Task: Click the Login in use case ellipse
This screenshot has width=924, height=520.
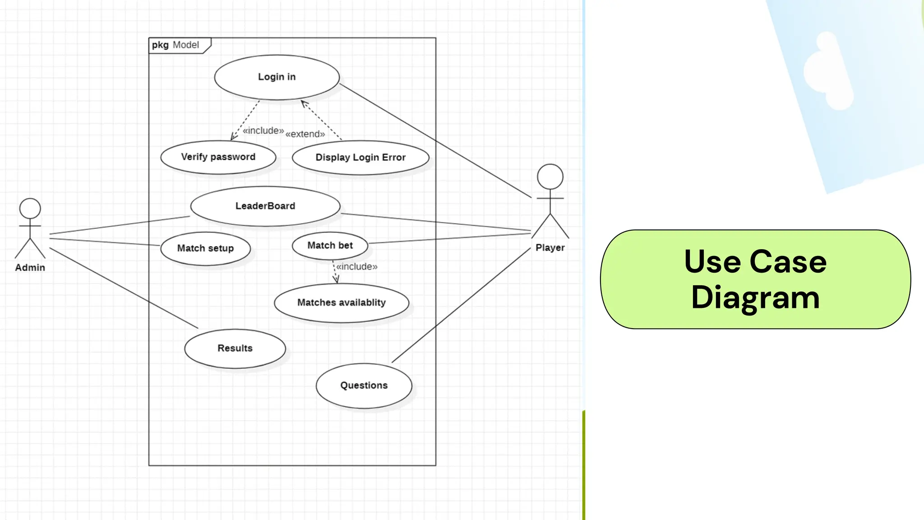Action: (277, 77)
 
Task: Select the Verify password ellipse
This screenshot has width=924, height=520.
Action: (218, 157)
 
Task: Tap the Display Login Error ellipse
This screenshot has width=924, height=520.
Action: (360, 158)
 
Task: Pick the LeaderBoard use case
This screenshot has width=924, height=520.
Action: (265, 206)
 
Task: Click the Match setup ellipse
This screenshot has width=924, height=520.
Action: (205, 248)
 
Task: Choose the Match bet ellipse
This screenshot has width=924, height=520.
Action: (330, 246)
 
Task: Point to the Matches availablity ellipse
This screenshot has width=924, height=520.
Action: (342, 303)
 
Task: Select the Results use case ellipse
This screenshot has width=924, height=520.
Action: (235, 348)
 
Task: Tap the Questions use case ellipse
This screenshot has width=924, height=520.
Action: (364, 385)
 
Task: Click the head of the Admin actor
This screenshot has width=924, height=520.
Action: (30, 209)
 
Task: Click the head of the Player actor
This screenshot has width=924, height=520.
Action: (550, 176)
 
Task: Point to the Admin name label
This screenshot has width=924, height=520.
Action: (30, 268)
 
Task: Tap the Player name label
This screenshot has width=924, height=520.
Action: (550, 248)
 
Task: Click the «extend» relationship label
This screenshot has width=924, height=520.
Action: (305, 134)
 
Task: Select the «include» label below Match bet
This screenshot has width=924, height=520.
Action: (356, 267)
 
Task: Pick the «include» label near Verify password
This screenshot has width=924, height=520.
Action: (263, 131)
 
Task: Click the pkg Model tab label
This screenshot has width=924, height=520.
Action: (176, 45)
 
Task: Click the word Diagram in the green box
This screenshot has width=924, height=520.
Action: (755, 298)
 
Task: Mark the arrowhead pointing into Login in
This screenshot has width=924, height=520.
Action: (303, 103)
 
